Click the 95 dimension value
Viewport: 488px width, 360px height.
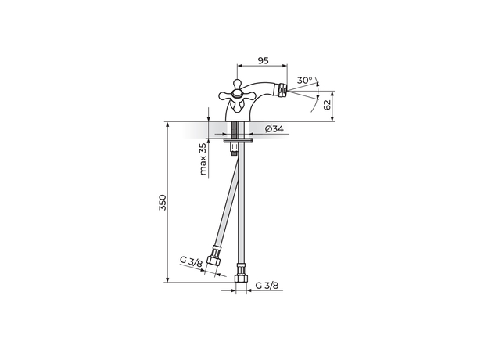tap(263, 60)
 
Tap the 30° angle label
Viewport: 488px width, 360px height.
tap(304, 81)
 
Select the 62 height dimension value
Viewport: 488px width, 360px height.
tap(327, 105)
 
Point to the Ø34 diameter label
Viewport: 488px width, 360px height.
tap(274, 128)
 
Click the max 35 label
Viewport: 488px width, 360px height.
tap(203, 159)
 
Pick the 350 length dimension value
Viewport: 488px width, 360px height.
tap(163, 203)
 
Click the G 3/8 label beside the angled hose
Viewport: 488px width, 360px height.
tap(191, 262)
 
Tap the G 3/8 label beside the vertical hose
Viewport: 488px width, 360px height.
tap(267, 285)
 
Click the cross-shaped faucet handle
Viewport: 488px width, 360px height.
tap(235, 95)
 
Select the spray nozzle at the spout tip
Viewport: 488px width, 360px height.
tap(282, 88)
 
